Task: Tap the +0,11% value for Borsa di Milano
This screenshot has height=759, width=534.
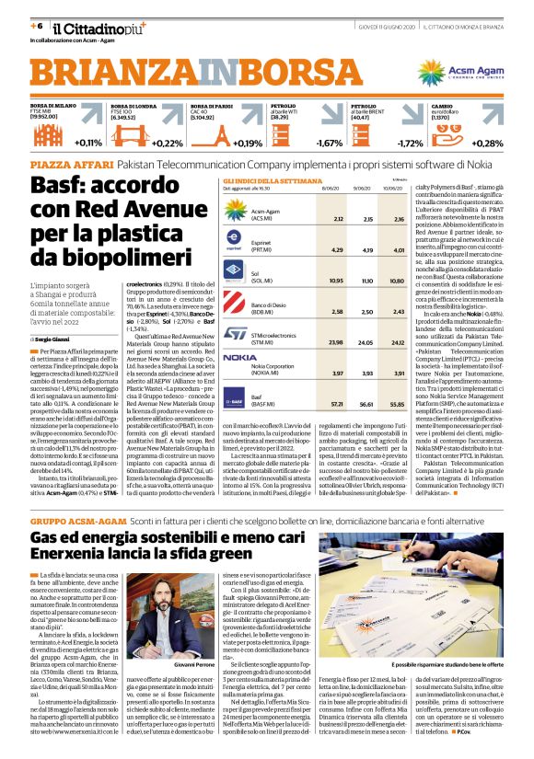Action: [x=89, y=144]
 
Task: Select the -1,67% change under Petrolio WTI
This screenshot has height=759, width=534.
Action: [x=329, y=144]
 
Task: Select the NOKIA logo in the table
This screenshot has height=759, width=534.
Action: [x=240, y=357]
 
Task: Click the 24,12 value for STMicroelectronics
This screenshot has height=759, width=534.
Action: [x=398, y=341]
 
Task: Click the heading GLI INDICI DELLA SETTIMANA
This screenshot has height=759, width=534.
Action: [x=267, y=181]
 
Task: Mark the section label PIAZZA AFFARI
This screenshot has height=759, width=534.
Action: [x=66, y=162]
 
